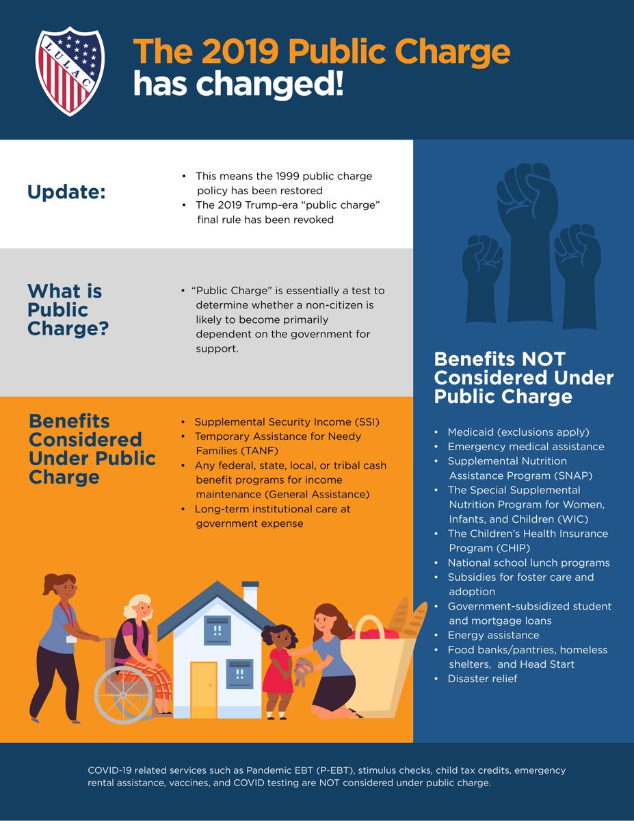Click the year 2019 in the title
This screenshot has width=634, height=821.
242,53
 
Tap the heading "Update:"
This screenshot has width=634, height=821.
66,192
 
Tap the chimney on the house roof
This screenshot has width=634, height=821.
250,596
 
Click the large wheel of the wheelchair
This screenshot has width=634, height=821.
124,694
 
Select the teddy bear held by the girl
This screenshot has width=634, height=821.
302,671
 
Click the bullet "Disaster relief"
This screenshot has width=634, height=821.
482,679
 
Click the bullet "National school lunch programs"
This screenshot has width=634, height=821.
528,563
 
